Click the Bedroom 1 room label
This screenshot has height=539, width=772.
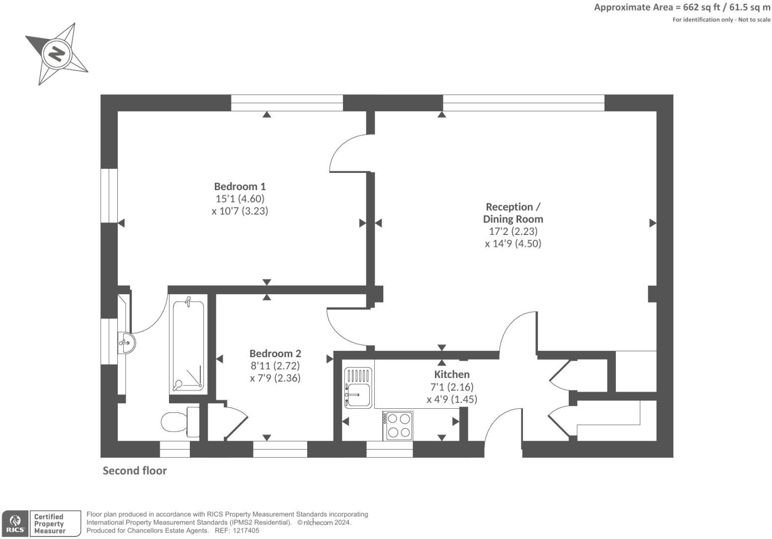240,186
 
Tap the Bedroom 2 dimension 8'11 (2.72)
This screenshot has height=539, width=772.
275,366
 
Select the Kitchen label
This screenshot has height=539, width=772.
451,374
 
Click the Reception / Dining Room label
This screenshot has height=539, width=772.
513,213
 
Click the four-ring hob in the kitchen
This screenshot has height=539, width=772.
398,426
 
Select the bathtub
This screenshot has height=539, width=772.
187,344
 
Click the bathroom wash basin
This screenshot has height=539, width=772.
127,342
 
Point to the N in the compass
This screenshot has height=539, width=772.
57,53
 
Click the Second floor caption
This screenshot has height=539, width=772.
135,470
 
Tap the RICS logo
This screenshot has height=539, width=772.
15,523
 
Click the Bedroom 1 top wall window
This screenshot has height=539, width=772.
287,103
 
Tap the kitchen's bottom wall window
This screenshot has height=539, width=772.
389,449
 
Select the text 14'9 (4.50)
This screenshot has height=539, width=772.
513,243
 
